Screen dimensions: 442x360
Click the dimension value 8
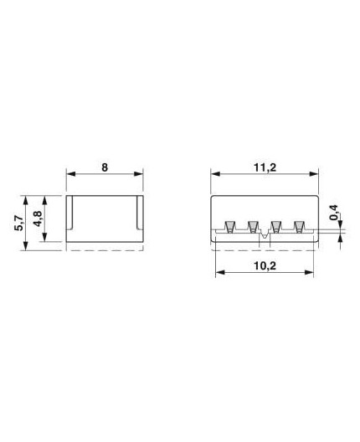pyautogui.click(x=105, y=166)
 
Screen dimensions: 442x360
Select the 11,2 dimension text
pyautogui.click(x=265, y=166)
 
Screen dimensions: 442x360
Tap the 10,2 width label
pyautogui.click(x=266, y=264)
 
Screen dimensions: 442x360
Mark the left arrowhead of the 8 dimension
pyautogui.click(x=70, y=174)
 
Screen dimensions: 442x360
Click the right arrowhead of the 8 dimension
pyautogui.click(x=139, y=174)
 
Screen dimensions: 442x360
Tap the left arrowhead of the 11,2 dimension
pyautogui.click(x=214, y=174)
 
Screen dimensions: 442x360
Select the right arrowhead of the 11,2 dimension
pyautogui.click(x=316, y=174)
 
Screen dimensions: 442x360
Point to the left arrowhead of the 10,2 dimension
pyautogui.click(x=219, y=272)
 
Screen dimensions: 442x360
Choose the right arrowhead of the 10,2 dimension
pyautogui.click(x=311, y=272)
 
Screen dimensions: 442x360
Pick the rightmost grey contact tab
pyautogui.click(x=299, y=227)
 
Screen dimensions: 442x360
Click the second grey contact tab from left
pyautogui.click(x=252, y=227)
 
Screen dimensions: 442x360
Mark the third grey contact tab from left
pyautogui.click(x=275, y=227)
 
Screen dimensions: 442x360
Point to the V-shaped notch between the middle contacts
pyautogui.click(x=264, y=238)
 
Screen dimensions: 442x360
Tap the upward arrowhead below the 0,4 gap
pyautogui.click(x=340, y=241)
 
